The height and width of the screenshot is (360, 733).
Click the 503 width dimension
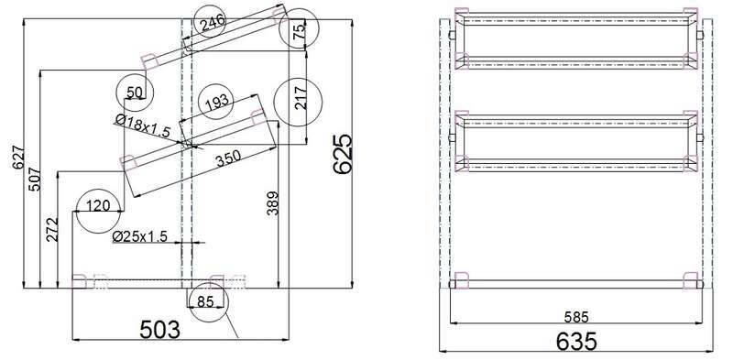pyautogui.click(x=159, y=330)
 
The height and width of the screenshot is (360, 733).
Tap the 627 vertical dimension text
pyautogui.click(x=19, y=159)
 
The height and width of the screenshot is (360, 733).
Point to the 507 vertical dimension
pyautogui.click(x=35, y=179)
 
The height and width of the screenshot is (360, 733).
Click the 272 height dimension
pyautogui.click(x=52, y=229)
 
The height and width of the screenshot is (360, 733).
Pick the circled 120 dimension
pyautogui.click(x=98, y=206)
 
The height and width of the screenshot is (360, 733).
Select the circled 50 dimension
pyautogui.click(x=134, y=93)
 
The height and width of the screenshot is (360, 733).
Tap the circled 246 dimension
pyautogui.click(x=213, y=22)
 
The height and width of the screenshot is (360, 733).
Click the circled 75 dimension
pyautogui.click(x=300, y=29)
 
